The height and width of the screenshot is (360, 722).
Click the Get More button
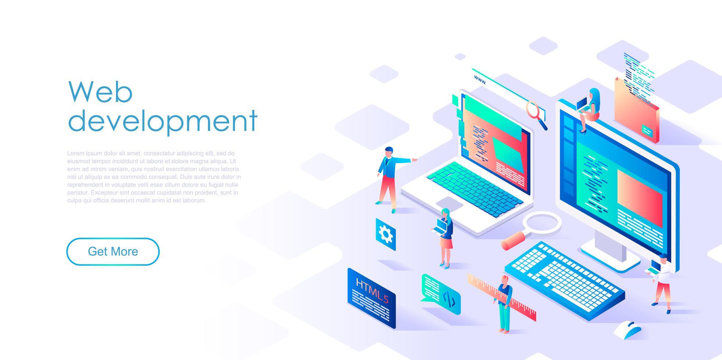(x=113, y=252)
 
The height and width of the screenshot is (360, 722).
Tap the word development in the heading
(x=163, y=120)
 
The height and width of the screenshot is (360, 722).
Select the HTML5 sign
(x=371, y=298)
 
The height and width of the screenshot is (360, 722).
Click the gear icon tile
(x=385, y=234)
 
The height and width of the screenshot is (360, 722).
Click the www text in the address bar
(x=480, y=79)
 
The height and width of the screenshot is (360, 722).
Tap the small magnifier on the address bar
(x=536, y=114)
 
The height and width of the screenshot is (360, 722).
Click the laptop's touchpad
(x=449, y=204)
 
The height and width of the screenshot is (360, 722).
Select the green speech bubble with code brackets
(x=441, y=294)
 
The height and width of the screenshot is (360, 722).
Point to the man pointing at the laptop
(x=389, y=178)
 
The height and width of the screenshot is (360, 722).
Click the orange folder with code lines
(x=636, y=110)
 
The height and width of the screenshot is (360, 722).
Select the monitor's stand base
(x=610, y=257)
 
